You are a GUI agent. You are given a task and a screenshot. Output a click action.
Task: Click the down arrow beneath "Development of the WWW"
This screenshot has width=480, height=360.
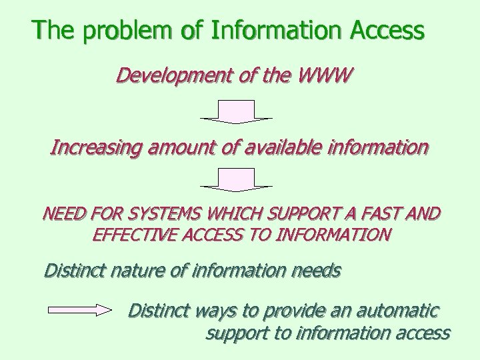(x=237, y=112)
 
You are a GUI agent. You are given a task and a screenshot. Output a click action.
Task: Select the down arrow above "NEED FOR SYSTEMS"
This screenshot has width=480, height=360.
(x=237, y=179)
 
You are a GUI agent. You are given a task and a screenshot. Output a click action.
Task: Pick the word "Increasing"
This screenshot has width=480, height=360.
(x=95, y=147)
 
